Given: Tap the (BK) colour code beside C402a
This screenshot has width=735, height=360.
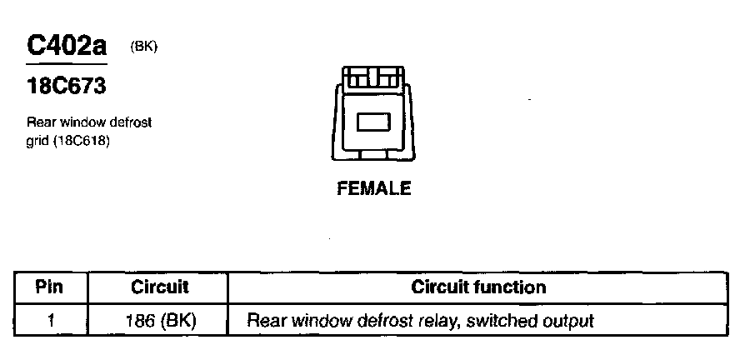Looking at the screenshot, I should click(144, 47).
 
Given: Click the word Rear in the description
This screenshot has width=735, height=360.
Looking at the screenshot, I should click(40, 123).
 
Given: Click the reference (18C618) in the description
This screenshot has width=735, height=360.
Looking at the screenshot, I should click(82, 141).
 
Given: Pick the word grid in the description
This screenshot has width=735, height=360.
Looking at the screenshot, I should click(37, 141).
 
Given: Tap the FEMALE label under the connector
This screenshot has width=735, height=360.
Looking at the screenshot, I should click(373, 188).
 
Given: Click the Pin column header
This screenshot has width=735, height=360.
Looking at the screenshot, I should click(51, 287).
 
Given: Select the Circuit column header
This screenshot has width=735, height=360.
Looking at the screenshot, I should click(160, 287).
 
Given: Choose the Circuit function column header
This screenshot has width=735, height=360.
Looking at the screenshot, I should click(478, 287).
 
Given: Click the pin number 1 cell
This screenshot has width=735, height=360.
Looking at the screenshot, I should click(51, 320).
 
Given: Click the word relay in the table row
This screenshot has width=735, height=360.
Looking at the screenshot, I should click(421, 320).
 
